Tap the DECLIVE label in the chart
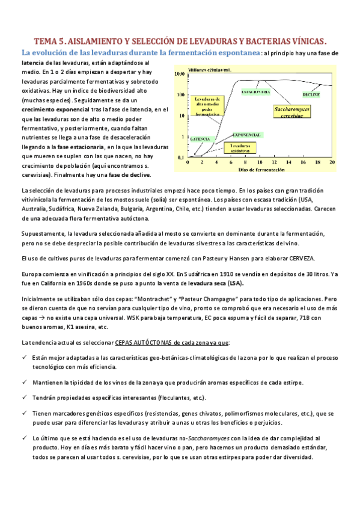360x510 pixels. pos(311,95)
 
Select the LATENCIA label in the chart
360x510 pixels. pos(200,138)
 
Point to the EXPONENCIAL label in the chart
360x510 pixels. pos(246,134)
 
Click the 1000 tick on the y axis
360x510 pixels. pos(179,73)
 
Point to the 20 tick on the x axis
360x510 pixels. pos(332,162)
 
